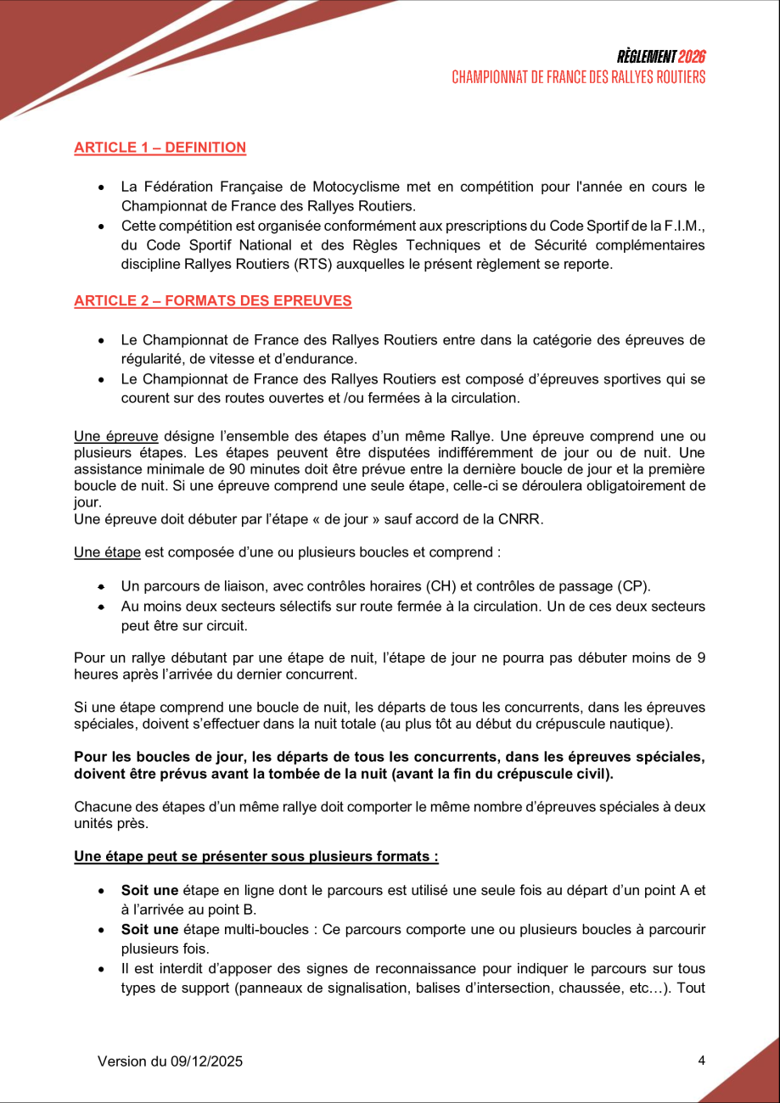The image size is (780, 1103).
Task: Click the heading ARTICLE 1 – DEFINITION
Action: pos(160,148)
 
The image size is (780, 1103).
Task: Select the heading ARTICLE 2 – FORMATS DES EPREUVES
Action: pos(212,301)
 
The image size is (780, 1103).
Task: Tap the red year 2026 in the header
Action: pos(693,57)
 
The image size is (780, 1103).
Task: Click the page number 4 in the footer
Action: pos(701,1060)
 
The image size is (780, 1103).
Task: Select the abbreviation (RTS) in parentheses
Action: pos(337,264)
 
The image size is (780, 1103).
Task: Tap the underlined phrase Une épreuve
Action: pos(116,437)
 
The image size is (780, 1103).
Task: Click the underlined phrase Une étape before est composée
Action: pos(107,552)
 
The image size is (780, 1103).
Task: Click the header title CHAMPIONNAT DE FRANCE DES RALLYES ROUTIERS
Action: pos(579,77)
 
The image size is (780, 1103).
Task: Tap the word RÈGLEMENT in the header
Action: pos(647,57)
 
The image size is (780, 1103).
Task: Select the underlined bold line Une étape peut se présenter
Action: pos(255,856)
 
